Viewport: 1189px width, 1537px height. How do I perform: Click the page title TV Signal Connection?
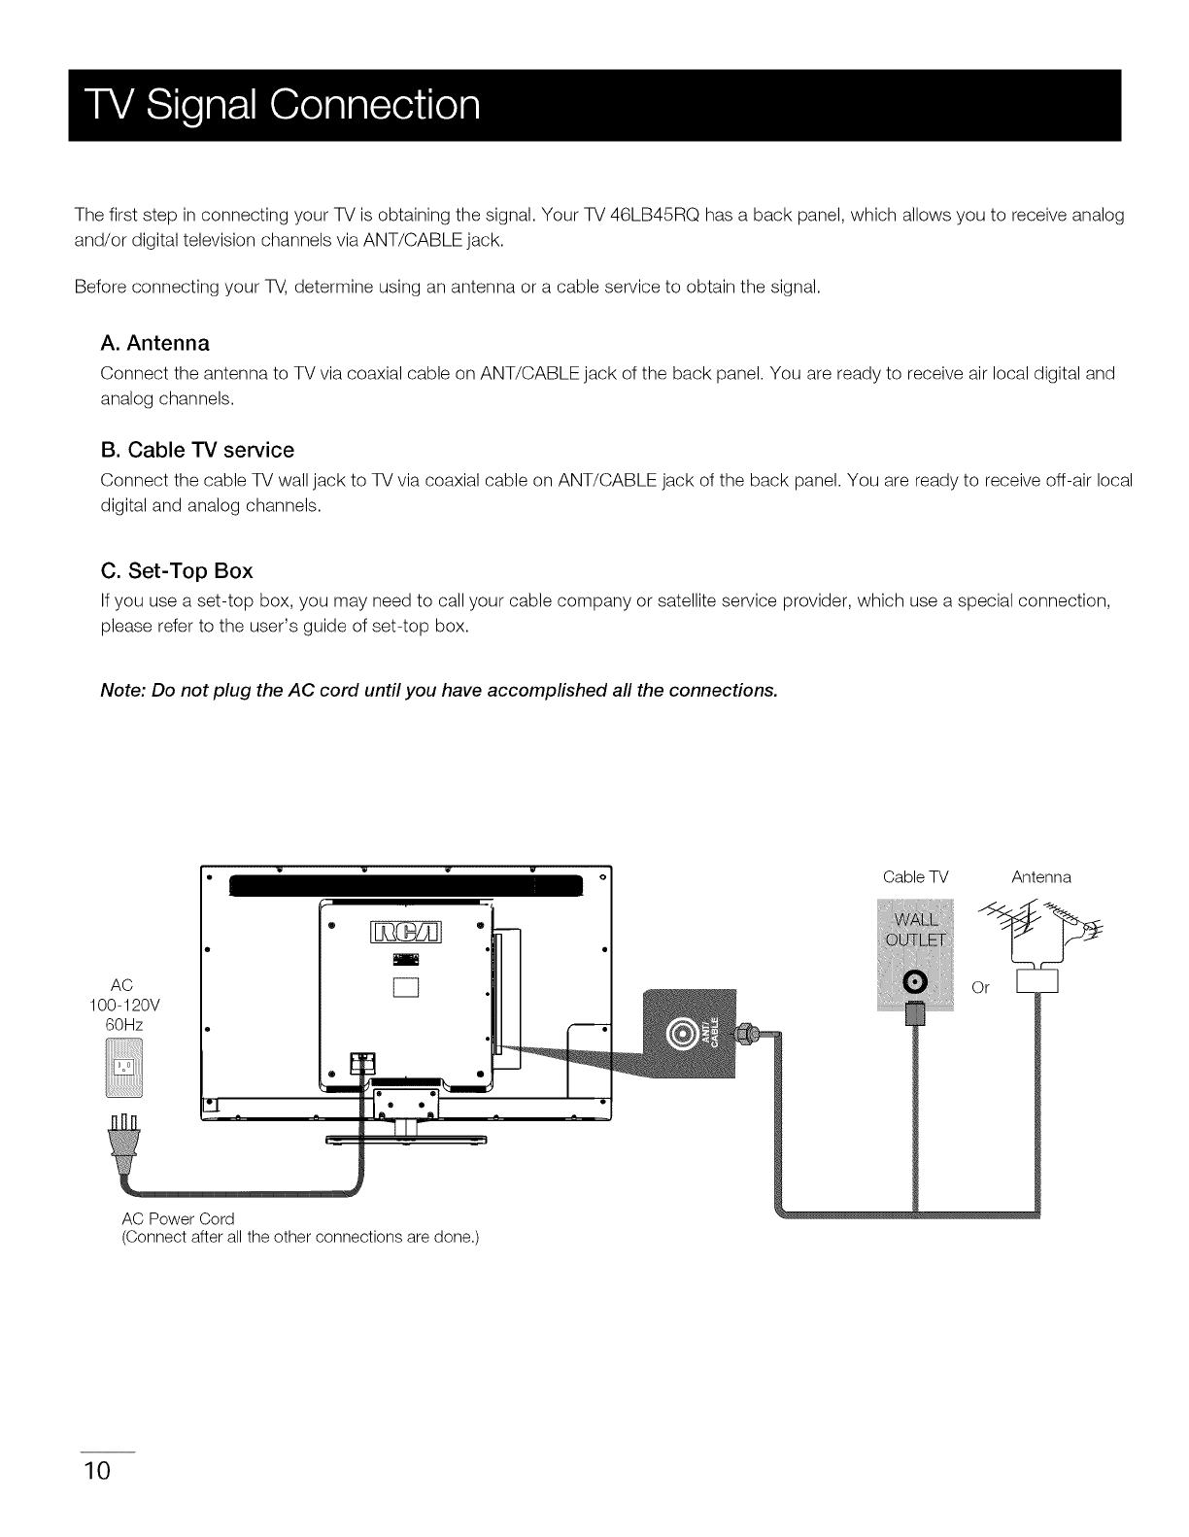point(275,105)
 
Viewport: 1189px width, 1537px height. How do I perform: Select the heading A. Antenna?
point(155,343)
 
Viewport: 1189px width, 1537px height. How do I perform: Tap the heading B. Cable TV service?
point(197,450)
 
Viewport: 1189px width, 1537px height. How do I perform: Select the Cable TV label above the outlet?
point(915,877)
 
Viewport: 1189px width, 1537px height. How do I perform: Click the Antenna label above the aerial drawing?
point(1040,877)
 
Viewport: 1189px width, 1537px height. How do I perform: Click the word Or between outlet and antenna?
point(980,987)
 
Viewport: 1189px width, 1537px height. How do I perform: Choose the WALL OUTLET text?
point(916,931)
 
